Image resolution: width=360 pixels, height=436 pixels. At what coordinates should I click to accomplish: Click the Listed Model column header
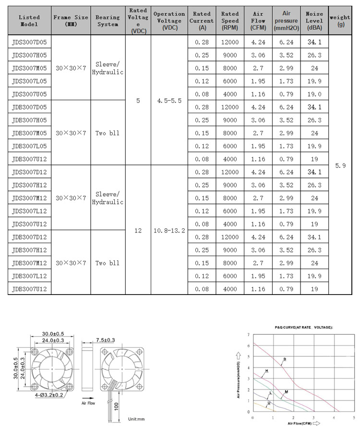coord(29,20)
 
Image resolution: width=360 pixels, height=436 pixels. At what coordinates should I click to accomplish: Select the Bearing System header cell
coord(108,20)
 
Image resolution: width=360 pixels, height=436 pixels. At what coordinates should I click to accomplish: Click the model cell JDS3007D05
coord(29,42)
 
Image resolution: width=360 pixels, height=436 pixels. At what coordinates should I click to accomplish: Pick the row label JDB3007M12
coord(29,263)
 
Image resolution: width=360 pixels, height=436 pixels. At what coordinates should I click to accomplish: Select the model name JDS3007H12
coord(29,185)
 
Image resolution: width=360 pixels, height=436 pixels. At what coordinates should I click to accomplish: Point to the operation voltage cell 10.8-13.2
coord(169,231)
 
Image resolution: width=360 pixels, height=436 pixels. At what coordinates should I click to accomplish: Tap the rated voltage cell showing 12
coord(138,231)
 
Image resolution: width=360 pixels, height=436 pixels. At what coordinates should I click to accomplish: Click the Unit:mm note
coord(136,419)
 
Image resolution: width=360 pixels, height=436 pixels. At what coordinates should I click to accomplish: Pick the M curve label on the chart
coord(286,392)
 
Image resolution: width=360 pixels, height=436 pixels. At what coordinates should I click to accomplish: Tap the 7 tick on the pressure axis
coord(248,334)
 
